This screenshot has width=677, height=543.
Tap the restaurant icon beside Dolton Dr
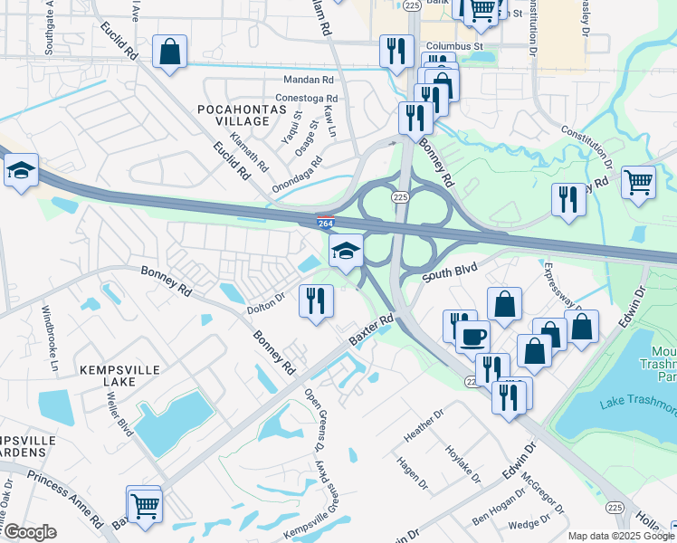pyautogui.click(x=316, y=300)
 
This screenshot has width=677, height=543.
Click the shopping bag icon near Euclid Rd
pyautogui.click(x=169, y=52)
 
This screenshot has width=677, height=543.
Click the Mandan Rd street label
pyautogui.click(x=309, y=80)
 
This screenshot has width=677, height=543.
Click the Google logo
pyautogui.click(x=30, y=532)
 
